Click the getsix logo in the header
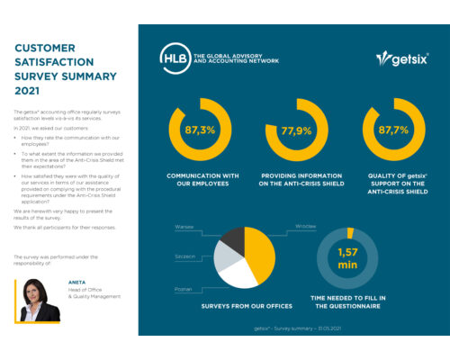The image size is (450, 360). click(400, 58)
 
